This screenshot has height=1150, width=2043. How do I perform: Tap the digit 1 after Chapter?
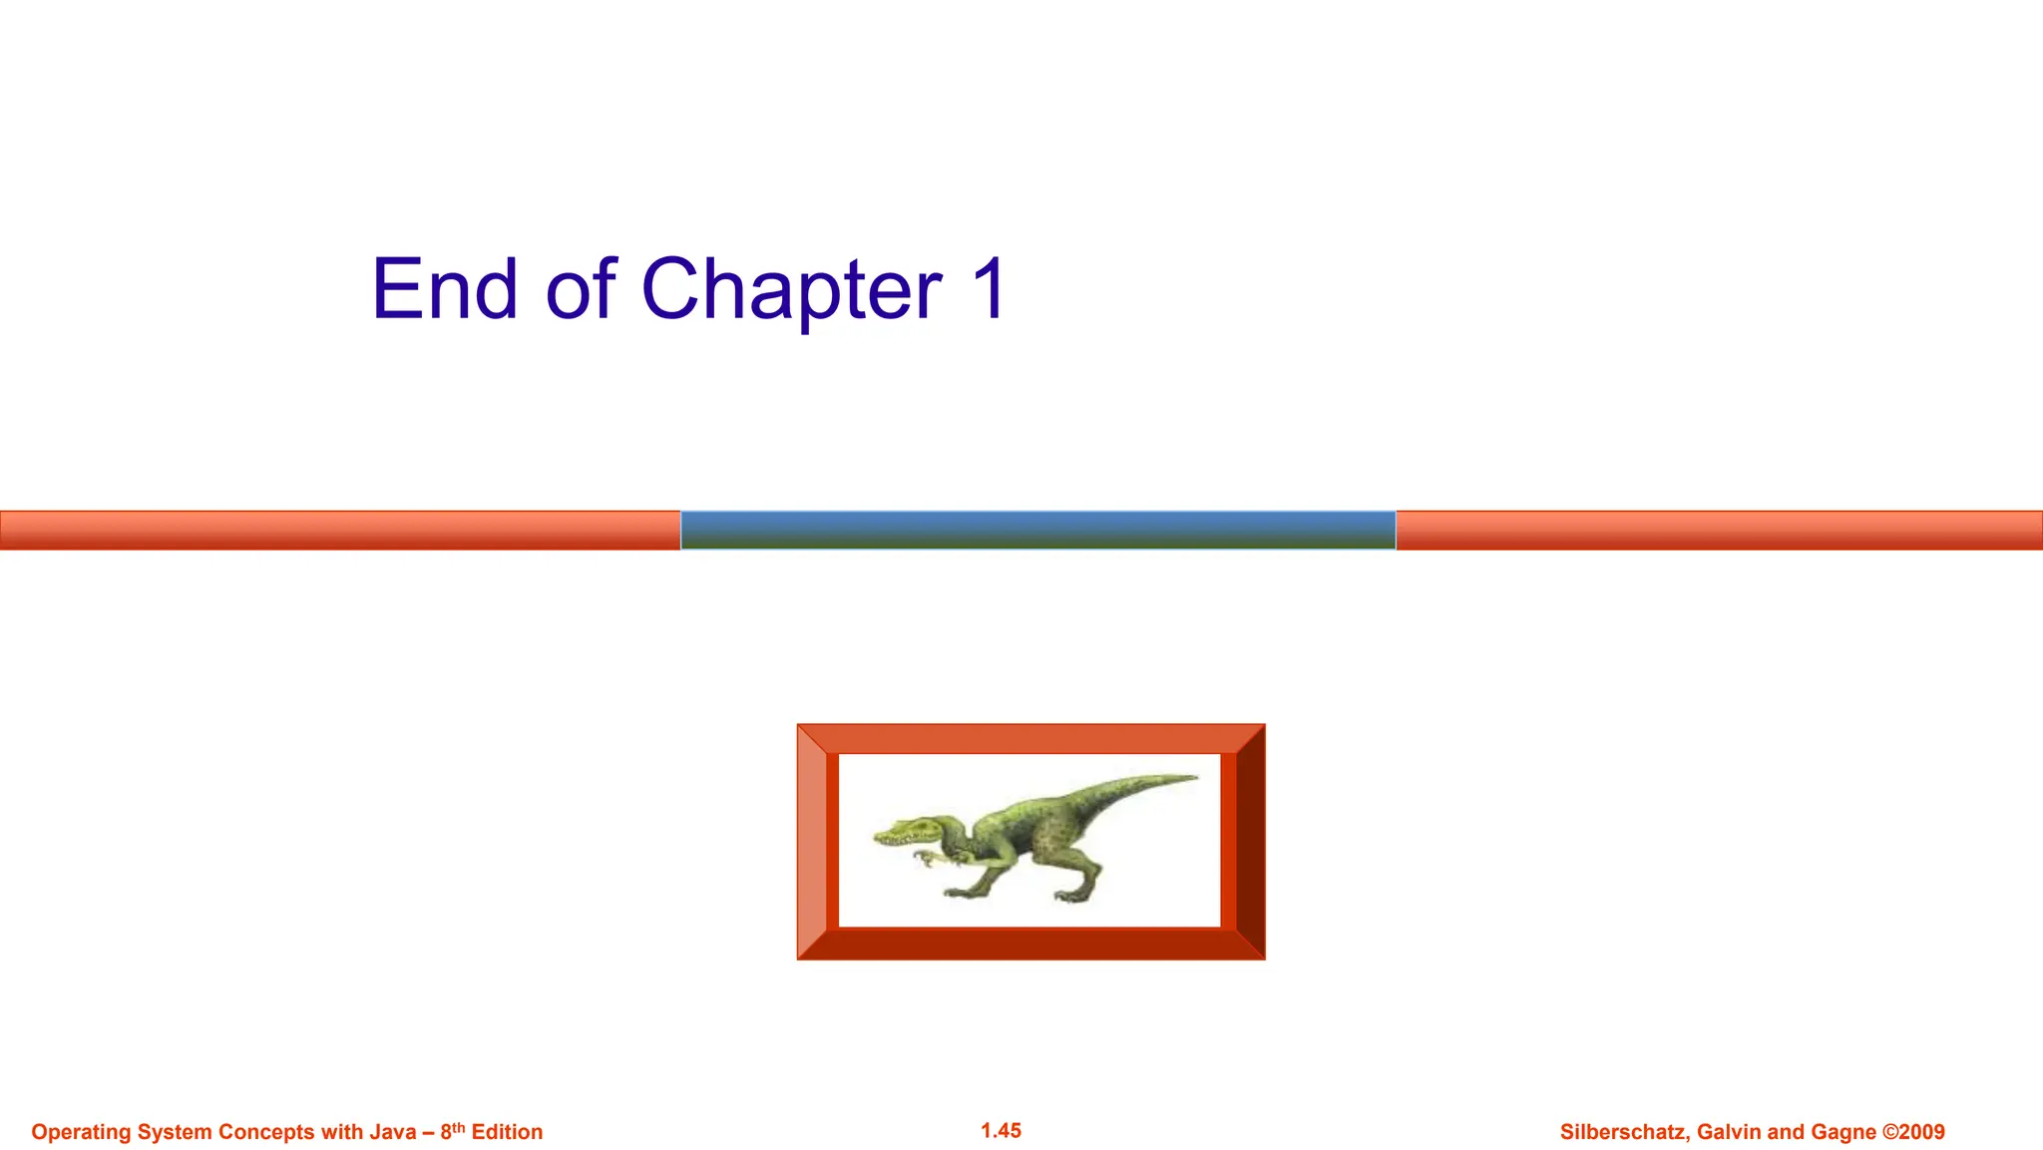coord(990,288)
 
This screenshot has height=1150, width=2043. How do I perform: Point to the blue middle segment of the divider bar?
coord(1037,530)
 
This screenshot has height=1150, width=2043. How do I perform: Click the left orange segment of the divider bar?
coord(339,530)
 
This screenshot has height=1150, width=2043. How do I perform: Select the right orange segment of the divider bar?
coord(1718,530)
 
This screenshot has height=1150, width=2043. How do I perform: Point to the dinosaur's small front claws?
coord(928,858)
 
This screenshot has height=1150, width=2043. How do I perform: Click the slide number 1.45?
coord(1001,1130)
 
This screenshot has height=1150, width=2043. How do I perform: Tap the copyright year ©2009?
coord(1913,1132)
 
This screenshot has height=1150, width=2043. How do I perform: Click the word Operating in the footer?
coord(81,1132)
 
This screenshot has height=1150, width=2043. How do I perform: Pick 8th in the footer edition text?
coord(453,1131)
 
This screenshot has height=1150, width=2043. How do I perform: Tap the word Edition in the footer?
coord(507,1132)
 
